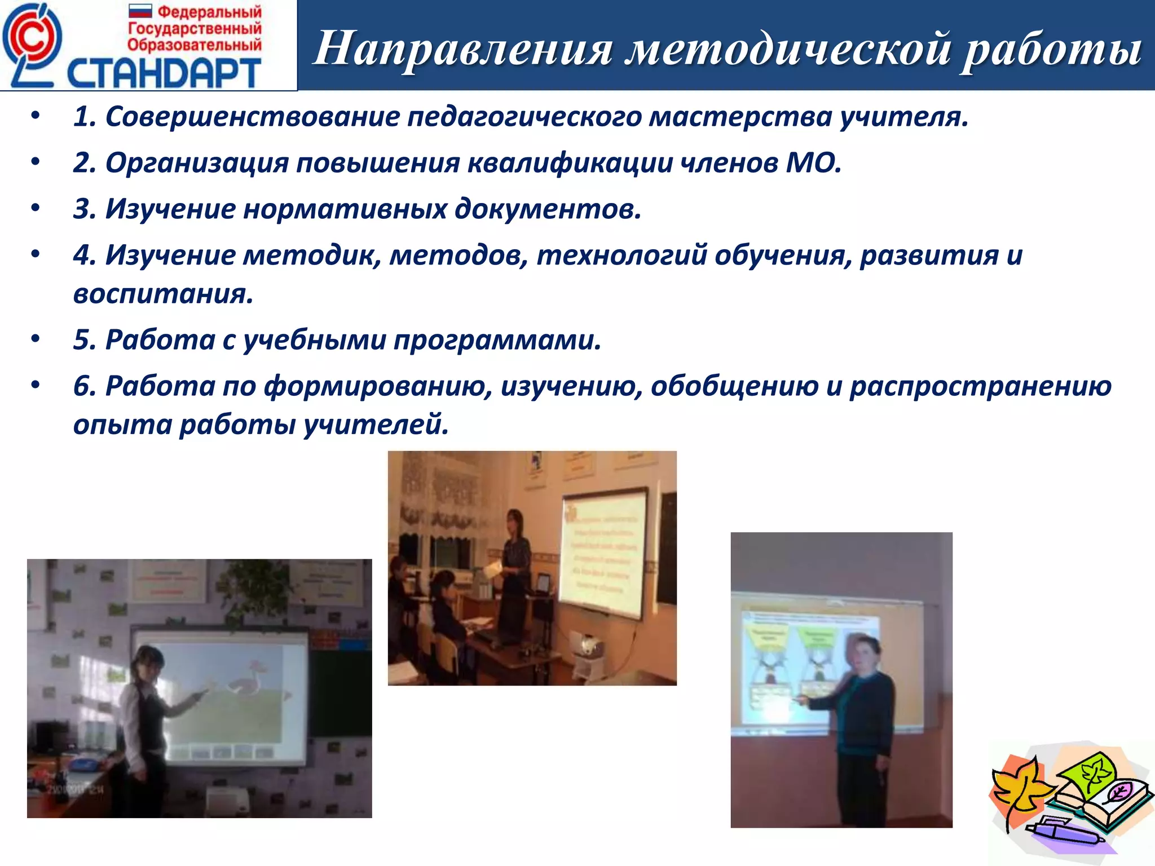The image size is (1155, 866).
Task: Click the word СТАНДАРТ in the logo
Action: (164, 73)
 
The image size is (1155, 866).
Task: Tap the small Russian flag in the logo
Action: (140, 11)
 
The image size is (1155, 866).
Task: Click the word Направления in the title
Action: (462, 48)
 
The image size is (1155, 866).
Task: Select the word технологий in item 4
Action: (621, 255)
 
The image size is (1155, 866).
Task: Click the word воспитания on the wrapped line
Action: (163, 294)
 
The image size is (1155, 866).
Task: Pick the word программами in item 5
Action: (497, 340)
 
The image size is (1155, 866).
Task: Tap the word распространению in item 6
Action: (980, 386)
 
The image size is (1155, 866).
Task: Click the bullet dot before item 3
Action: (36, 209)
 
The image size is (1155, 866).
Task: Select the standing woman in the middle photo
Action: (514, 569)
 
